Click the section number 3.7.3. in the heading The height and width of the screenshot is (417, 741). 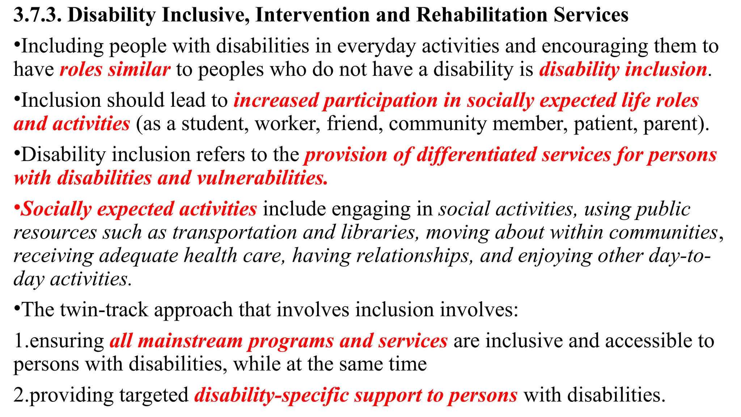(x=37, y=15)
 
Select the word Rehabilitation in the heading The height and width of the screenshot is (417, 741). (x=482, y=15)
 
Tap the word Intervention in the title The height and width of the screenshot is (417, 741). (x=312, y=15)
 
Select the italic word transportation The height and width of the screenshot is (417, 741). (x=234, y=232)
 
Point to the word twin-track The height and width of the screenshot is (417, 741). (x=104, y=310)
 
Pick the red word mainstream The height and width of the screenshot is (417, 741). (x=190, y=341)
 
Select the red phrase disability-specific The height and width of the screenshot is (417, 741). (x=271, y=395)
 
